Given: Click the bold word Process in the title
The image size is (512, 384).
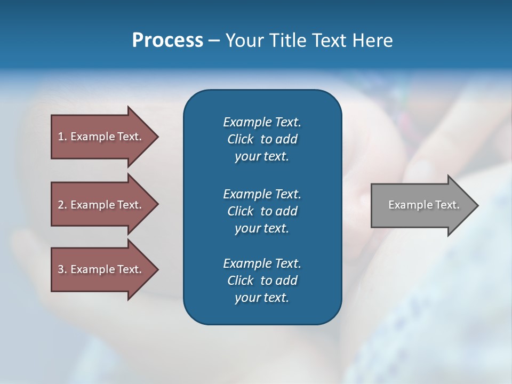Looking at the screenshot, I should tap(167, 41).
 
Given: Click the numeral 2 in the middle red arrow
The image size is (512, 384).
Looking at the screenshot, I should tap(61, 205).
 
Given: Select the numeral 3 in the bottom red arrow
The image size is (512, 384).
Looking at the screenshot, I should tap(61, 269).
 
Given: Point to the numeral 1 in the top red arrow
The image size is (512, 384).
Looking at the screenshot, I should tap(61, 137).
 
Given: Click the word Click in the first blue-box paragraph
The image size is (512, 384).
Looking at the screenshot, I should tap(240, 140).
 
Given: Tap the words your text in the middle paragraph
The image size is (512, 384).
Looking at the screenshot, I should tap(262, 228).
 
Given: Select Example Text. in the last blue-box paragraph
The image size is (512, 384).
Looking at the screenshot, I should tap(262, 263).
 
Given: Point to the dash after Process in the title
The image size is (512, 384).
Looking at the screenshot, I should tap(214, 41).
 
